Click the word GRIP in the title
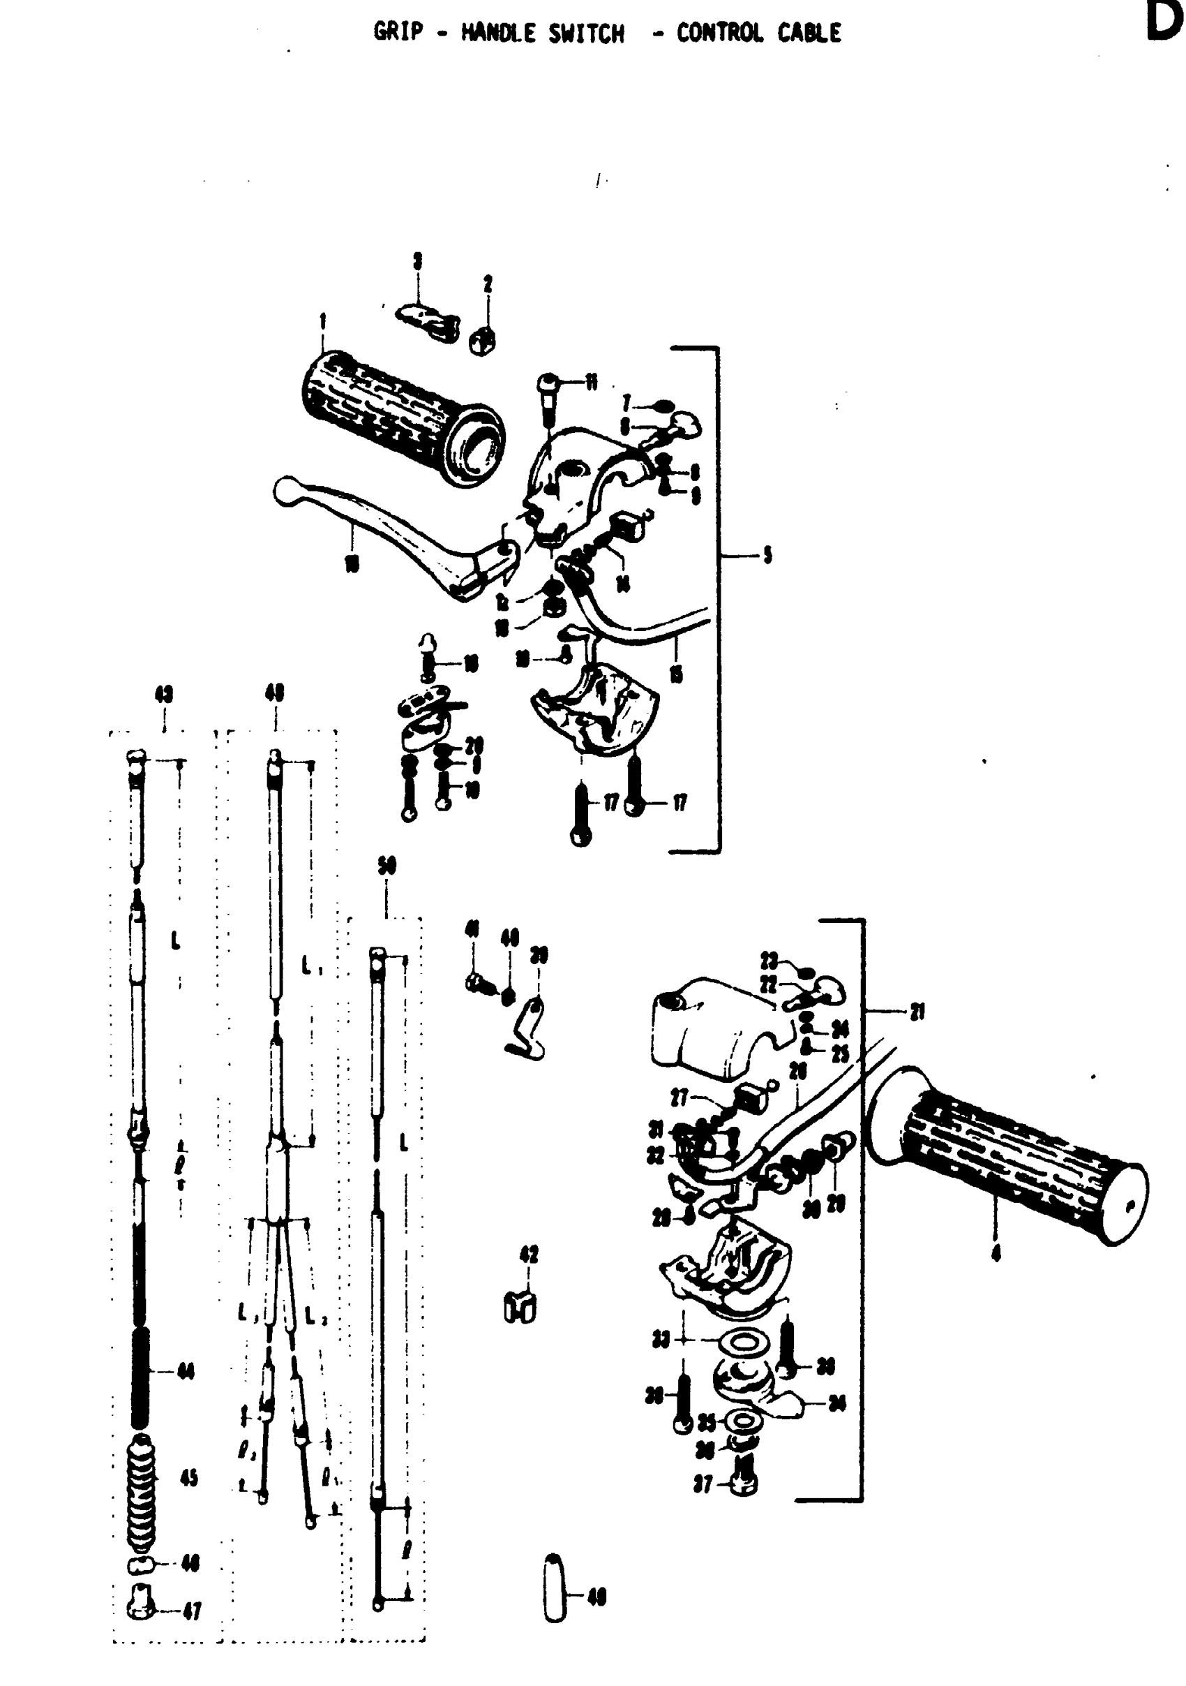coord(398,32)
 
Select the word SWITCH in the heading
coord(585,33)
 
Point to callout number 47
coord(192,1611)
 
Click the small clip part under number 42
coord(520,1306)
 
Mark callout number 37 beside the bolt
coord(703,1485)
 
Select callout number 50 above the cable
coord(386,866)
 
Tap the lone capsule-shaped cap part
coord(555,1596)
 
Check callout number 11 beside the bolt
coord(591,382)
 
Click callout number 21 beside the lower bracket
coord(917,1012)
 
